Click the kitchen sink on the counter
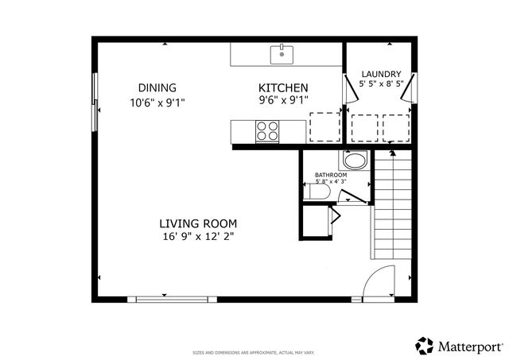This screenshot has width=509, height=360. tap(282, 54)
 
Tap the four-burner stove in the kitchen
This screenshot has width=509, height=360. tap(267, 130)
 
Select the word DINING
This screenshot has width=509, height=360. tap(157, 87)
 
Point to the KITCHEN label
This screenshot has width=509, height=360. tap(283, 87)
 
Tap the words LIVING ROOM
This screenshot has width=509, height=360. tap(198, 223)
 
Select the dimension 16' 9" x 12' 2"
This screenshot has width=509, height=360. tap(198, 236)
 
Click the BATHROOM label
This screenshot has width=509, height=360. tap(331, 175)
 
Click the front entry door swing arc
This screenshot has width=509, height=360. tap(379, 280)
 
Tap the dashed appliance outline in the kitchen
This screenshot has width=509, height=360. tap(322, 126)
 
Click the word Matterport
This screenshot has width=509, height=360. tap(470, 346)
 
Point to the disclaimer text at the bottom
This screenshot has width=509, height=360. tap(254, 351)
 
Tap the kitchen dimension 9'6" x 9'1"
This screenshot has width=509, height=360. tap(283, 100)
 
